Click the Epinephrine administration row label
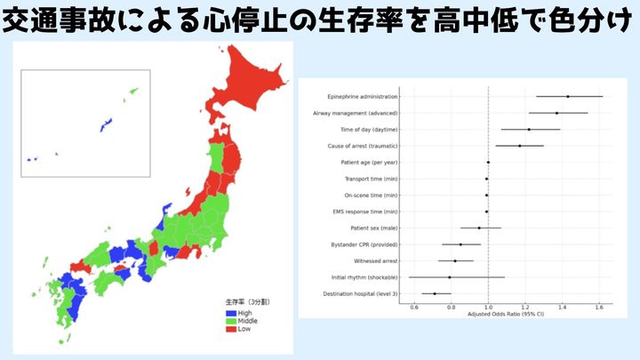(x=362, y=96)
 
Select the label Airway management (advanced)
(x=356, y=113)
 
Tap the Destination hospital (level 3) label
(x=359, y=293)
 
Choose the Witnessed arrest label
(x=374, y=260)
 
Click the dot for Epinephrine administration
(x=568, y=96)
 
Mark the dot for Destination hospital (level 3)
(x=435, y=293)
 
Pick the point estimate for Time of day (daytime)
(x=529, y=130)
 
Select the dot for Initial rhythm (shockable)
(x=450, y=277)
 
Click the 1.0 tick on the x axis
(x=488, y=307)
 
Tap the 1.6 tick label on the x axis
(x=599, y=307)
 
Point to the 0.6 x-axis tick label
(x=414, y=307)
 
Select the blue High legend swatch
(x=231, y=312)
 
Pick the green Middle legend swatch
(x=231, y=320)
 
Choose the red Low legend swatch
(x=231, y=328)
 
